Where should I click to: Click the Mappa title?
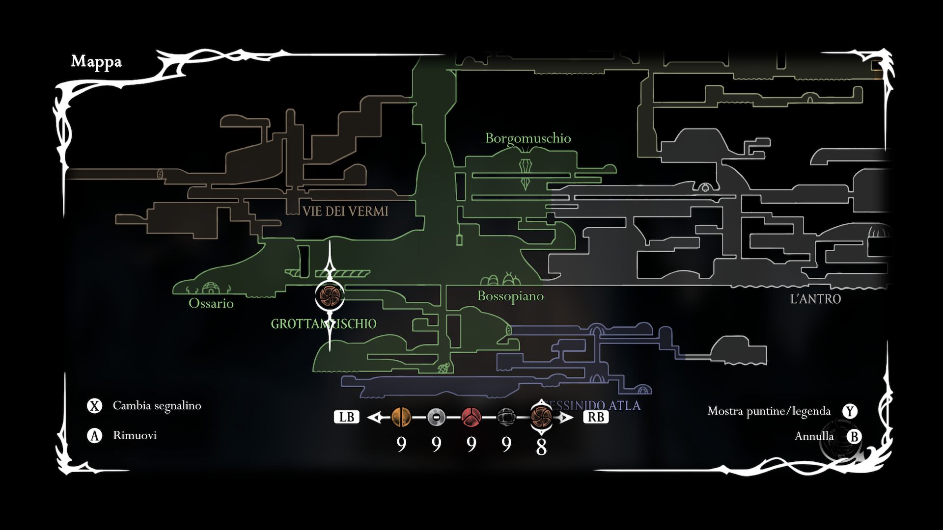(x=96, y=61)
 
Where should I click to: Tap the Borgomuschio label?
(x=528, y=138)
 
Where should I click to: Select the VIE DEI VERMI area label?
(x=345, y=212)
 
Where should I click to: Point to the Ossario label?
(x=211, y=303)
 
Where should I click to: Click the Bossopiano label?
(x=510, y=296)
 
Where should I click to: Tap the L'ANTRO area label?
(x=815, y=298)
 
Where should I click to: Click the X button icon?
(x=94, y=406)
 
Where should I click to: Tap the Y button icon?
(x=850, y=411)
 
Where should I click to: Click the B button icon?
(x=854, y=436)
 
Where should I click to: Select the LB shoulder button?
(x=346, y=417)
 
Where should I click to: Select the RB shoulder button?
(x=596, y=417)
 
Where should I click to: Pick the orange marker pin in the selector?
(x=401, y=417)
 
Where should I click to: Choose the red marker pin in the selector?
(x=471, y=417)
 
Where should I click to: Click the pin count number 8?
(x=541, y=447)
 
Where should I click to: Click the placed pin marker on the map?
(x=329, y=295)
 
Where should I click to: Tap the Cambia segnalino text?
(x=157, y=406)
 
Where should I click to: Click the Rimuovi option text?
(x=135, y=435)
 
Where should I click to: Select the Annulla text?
(x=814, y=436)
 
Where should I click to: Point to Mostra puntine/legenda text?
(x=769, y=411)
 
